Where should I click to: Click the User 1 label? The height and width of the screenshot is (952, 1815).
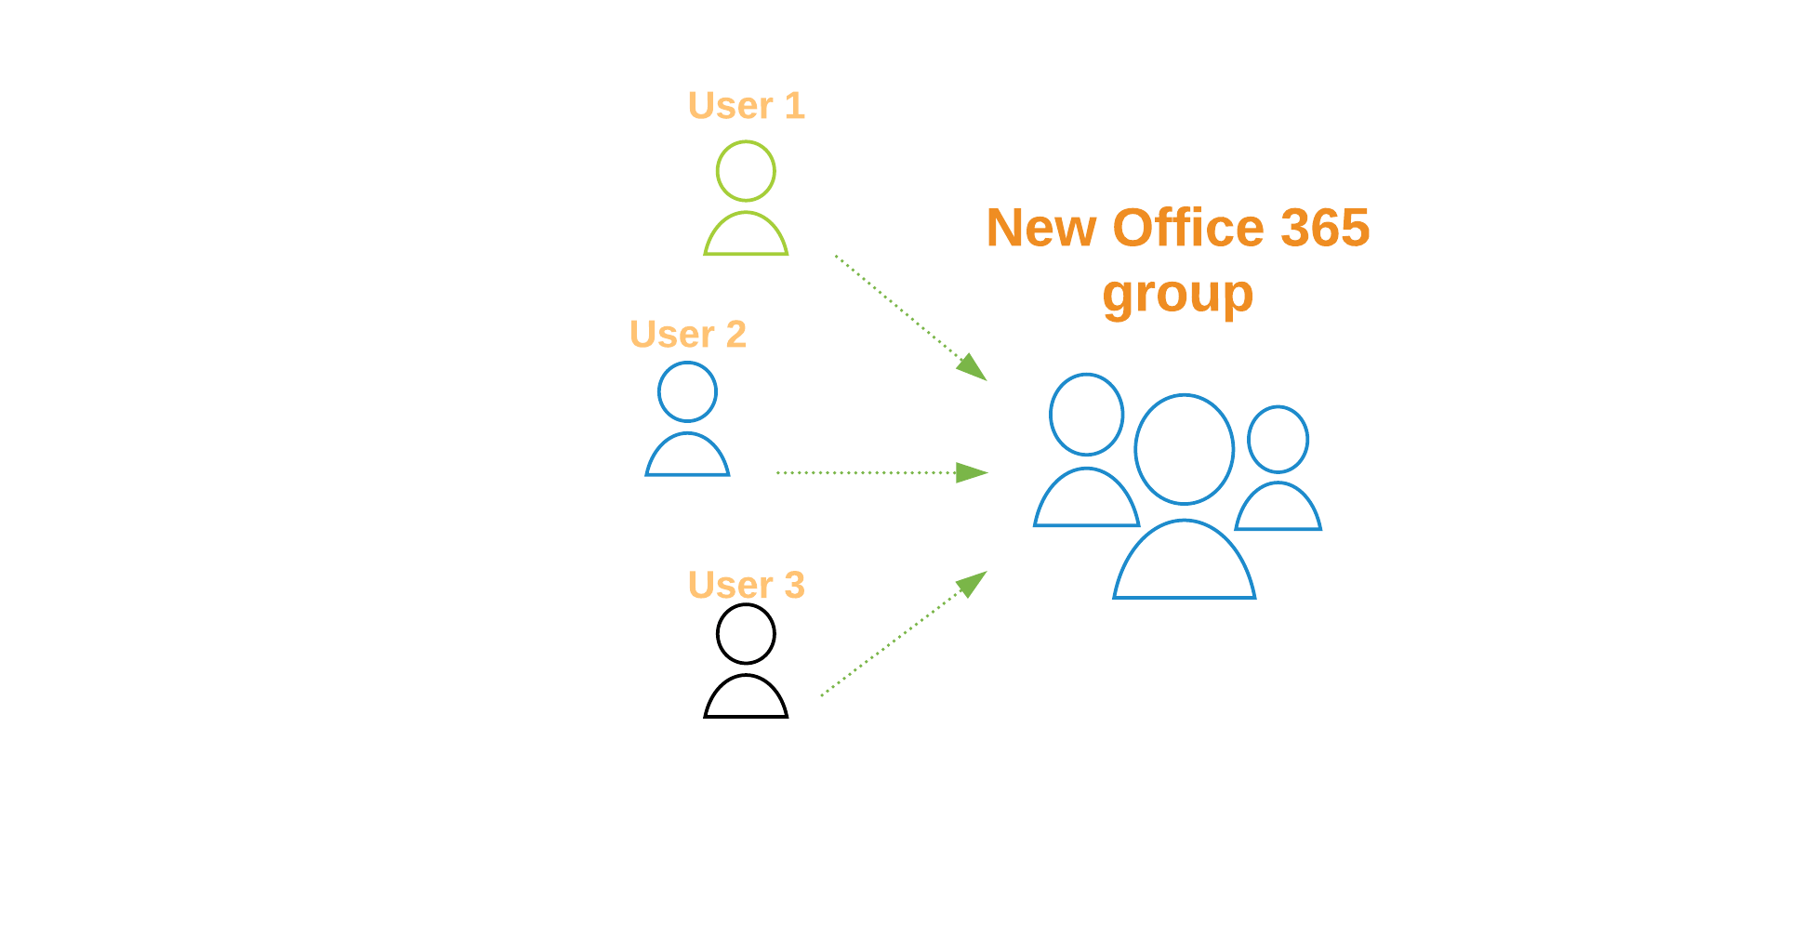pyautogui.click(x=746, y=106)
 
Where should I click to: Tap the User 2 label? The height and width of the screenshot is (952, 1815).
pyautogui.click(x=688, y=335)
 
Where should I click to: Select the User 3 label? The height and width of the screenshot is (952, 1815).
pyautogui.click(x=746, y=586)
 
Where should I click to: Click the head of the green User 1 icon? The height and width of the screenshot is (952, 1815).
pyautogui.click(x=746, y=171)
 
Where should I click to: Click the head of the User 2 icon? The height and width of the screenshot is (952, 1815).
pyautogui.click(x=687, y=391)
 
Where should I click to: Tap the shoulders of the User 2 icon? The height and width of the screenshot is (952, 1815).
pyautogui.click(x=687, y=456)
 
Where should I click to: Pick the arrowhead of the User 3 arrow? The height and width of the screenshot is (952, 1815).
pyautogui.click(x=973, y=583)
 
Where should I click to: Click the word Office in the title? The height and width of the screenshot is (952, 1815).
pyautogui.click(x=1188, y=229)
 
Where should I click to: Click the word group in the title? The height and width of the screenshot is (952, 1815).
pyautogui.click(x=1178, y=296)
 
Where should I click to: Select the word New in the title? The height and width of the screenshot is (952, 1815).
pyautogui.click(x=1041, y=229)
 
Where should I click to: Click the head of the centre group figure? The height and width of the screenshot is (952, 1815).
pyautogui.click(x=1184, y=449)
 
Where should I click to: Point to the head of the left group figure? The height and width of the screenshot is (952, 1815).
pyautogui.click(x=1086, y=415)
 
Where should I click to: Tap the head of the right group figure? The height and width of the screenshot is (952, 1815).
pyautogui.click(x=1278, y=439)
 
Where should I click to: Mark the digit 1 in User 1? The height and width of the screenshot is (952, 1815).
pyautogui.click(x=794, y=106)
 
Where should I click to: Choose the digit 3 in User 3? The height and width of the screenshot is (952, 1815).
pyautogui.click(x=794, y=586)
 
